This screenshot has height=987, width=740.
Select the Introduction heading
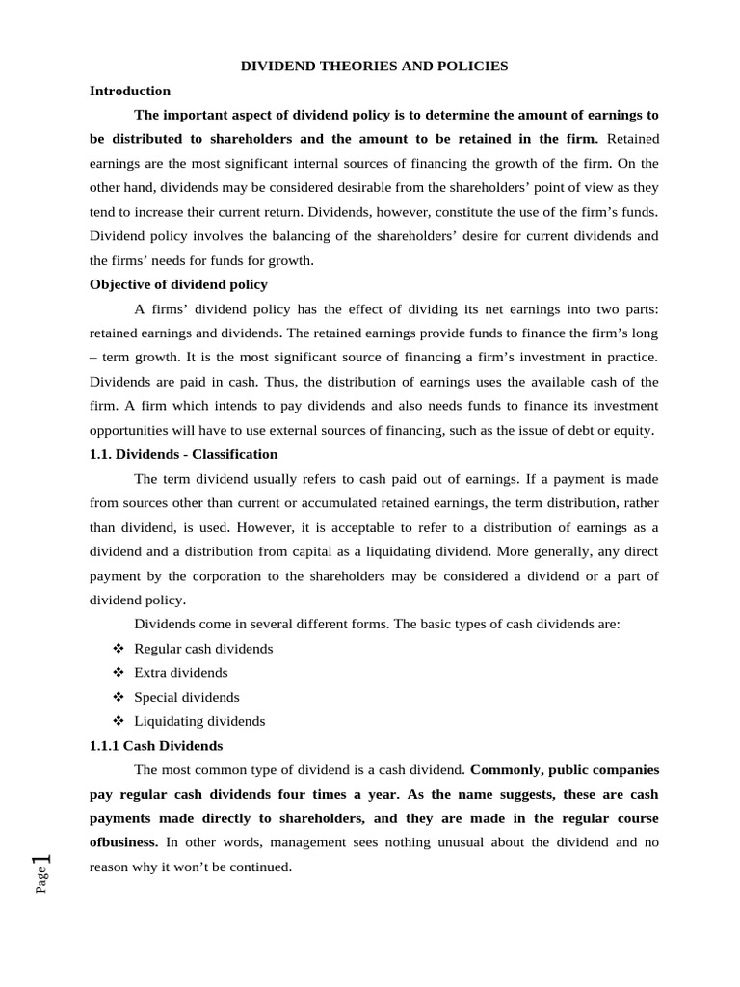130,91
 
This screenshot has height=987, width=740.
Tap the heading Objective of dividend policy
178,284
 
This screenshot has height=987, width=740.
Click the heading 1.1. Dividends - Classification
183,454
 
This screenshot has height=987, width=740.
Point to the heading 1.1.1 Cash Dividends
156,745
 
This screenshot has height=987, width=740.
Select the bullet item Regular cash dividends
203,648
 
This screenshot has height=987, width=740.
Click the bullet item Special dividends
187,697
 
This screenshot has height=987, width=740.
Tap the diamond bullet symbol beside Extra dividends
119,673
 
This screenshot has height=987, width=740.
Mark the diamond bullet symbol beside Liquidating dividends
119,721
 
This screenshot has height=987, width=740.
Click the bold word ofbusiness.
124,842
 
